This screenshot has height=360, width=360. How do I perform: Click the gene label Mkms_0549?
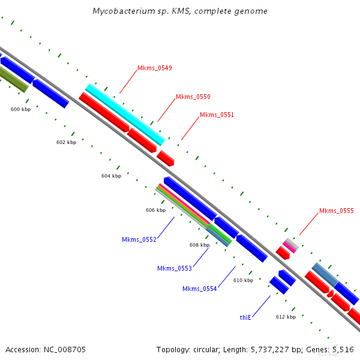point(155,68)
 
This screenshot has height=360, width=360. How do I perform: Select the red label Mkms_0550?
point(193,97)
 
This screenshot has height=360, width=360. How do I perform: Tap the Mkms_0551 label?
point(217,115)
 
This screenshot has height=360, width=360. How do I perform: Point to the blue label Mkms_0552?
point(139,239)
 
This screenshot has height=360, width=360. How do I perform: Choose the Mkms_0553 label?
point(175,268)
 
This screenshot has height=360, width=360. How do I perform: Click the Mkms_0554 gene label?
point(200,289)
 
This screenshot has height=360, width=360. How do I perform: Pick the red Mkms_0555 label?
point(337,211)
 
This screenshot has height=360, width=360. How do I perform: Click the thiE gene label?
point(245,317)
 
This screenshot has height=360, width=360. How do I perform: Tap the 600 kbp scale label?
point(20,109)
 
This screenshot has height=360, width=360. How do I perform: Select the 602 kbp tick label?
point(66,142)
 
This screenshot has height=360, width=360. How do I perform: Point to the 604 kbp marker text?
point(112,176)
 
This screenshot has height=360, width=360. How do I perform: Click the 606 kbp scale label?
point(155,210)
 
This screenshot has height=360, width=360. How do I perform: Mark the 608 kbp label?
point(200,245)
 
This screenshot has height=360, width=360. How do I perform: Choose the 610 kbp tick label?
point(244,280)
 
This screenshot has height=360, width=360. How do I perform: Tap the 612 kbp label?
point(286,317)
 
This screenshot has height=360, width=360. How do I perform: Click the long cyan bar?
point(125,115)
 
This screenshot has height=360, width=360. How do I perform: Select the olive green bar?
point(13,79)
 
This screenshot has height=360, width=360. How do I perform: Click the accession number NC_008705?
point(65,350)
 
